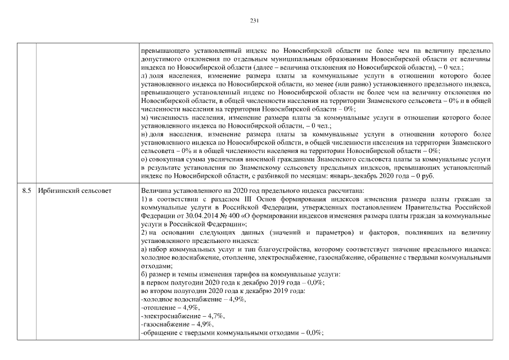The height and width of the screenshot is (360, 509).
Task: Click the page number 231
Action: click(x=254, y=21)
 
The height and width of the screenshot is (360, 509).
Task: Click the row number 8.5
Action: click(x=26, y=191)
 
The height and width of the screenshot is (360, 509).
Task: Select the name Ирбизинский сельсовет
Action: click(x=75, y=191)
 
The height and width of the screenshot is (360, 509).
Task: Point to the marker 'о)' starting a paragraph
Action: click(x=144, y=160)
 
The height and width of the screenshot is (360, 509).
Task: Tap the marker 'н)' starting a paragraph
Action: click(x=145, y=136)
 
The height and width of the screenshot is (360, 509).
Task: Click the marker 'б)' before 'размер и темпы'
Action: click(x=144, y=274)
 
